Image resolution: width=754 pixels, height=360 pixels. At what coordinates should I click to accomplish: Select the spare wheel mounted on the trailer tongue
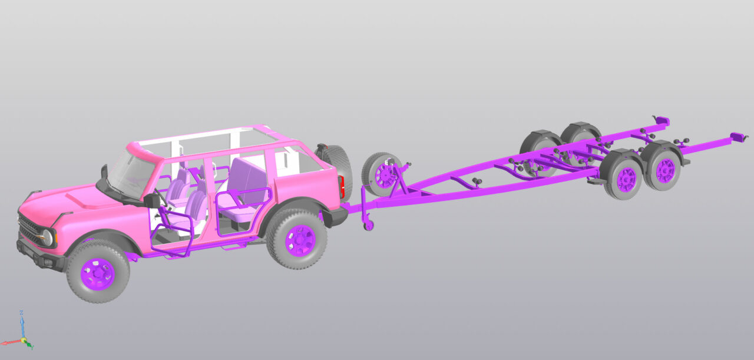tap(383, 174)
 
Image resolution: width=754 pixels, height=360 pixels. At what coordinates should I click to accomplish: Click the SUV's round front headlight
tap(47, 237)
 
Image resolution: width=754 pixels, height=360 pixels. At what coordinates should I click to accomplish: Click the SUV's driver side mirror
tap(153, 200)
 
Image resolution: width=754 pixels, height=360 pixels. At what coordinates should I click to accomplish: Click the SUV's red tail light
tap(341, 188)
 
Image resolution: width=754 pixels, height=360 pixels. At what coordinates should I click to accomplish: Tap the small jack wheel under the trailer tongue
tap(369, 225)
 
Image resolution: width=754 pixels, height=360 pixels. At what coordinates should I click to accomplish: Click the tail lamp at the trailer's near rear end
tap(738, 137)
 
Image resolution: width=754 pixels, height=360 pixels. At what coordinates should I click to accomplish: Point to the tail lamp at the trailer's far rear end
tap(662, 121)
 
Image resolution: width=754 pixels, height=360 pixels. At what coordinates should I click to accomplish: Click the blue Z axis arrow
tap(22, 321)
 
